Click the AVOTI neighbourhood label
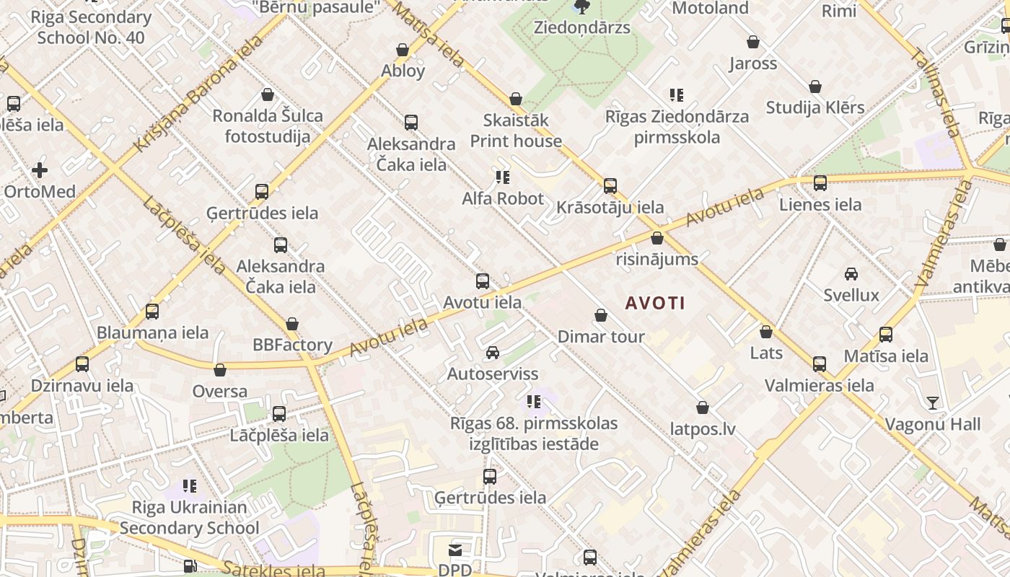[655, 303]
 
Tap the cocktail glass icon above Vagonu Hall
[933, 402]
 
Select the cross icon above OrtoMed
[40, 170]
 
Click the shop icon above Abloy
[403, 50]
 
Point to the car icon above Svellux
[851, 274]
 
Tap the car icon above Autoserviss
[493, 353]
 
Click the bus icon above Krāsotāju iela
[610, 186]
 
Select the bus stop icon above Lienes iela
[820, 183]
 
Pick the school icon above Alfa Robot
[503, 177]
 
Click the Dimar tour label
[601, 336]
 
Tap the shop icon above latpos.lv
[703, 408]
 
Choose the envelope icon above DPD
[455, 550]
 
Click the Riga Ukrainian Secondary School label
[189, 518]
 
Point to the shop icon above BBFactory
[292, 324]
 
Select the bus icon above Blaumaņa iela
[152, 312]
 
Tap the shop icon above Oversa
[220, 370]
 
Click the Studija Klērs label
[815, 107]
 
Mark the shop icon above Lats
[766, 332]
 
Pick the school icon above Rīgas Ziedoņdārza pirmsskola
[677, 94]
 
